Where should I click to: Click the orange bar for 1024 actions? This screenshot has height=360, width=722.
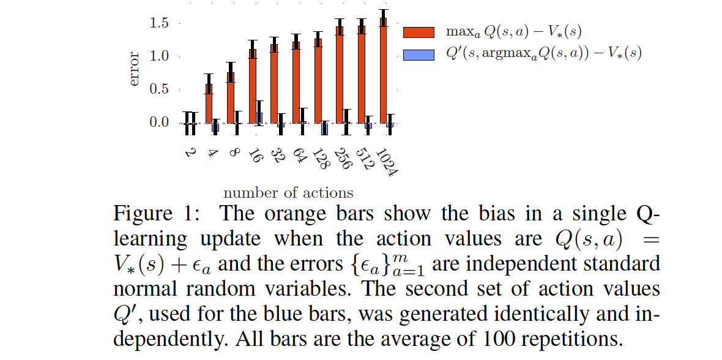pos(384,70)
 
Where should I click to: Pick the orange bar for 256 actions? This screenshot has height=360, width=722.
pos(340,75)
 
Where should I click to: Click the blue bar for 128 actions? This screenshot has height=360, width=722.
pos(324,129)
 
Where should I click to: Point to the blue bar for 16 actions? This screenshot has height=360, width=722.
pos(259,118)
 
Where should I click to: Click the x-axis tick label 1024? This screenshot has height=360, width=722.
pos(387,162)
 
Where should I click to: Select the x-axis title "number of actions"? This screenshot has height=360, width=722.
pos(288,193)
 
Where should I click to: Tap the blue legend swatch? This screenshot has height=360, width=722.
pos(419,54)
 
